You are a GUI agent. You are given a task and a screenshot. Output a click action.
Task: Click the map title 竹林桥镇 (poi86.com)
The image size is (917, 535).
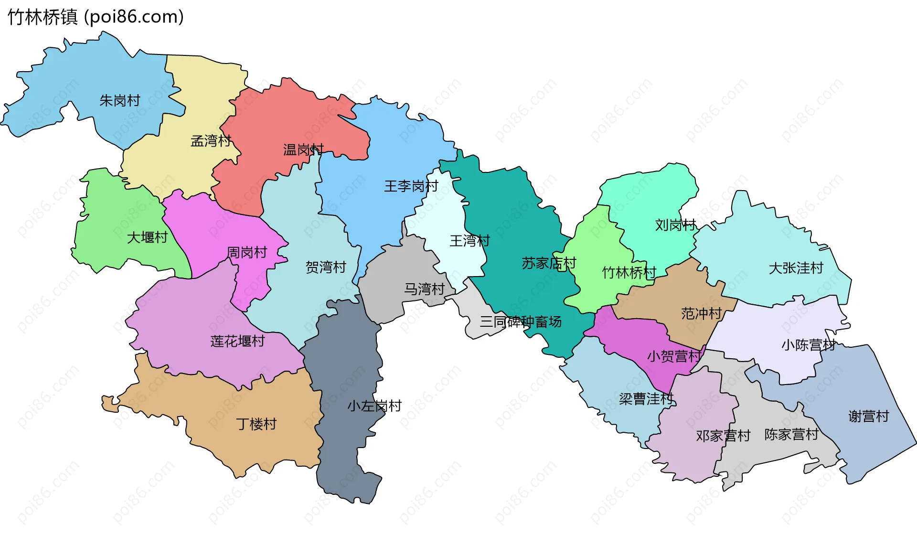pos(96,17)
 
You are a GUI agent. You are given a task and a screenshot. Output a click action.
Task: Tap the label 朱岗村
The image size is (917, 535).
pos(119,101)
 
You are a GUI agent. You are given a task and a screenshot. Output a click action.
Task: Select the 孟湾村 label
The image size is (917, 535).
pos(211,141)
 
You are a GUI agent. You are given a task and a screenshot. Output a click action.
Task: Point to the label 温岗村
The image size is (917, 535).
pos(303,150)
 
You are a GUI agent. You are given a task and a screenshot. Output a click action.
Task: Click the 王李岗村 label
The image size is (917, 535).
pos(411,186)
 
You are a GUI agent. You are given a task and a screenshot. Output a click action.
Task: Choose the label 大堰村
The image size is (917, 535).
pos(147,237)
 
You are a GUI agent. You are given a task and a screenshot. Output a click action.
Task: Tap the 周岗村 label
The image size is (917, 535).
pos(246,253)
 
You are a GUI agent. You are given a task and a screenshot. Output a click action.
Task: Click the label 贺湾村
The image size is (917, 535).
pos(326,267)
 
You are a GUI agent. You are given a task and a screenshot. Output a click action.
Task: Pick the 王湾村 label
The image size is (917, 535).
pos(469,241)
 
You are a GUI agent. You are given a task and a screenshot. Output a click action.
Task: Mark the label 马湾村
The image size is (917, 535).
pos(424,289)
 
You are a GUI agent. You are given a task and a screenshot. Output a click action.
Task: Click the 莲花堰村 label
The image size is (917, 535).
pos(237,342)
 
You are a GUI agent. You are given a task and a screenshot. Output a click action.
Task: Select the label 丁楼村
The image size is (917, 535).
pos(256,424)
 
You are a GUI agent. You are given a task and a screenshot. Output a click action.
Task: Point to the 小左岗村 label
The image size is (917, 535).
pos(374,407)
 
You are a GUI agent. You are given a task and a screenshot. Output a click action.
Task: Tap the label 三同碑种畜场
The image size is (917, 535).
pos(521,322)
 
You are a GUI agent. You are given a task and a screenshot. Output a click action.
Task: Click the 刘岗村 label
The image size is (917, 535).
pos(675,225)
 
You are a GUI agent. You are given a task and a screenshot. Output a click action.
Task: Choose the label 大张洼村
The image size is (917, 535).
pos(796,268)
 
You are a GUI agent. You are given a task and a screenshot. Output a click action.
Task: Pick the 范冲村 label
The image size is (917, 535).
pos(701,314)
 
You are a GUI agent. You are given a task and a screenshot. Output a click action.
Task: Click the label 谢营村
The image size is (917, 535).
pos(868,417)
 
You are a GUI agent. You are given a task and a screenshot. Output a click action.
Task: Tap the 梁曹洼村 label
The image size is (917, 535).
pos(646,399)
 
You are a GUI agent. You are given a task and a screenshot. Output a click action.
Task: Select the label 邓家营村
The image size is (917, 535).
pos(723,436)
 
